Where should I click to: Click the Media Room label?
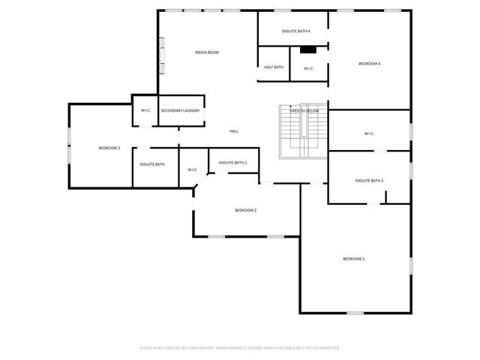[207, 52]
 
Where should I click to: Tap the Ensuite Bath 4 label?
[296, 31]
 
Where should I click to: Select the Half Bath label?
[274, 67]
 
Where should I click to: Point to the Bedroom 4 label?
[369, 64]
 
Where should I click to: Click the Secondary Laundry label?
[180, 111]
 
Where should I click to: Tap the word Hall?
[234, 132]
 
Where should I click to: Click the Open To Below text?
[304, 111]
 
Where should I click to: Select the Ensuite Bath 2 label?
[232, 163]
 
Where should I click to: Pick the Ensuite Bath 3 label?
[369, 181]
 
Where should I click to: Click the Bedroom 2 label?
[246, 211]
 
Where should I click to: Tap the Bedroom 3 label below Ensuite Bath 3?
[354, 259]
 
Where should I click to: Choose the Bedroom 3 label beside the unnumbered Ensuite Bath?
[109, 148]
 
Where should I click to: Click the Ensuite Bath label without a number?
[152, 164]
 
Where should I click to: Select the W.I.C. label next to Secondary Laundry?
[145, 111]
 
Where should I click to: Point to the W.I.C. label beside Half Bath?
[309, 69]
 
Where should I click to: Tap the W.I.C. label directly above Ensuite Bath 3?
[369, 134]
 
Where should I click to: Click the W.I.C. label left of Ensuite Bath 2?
[193, 169]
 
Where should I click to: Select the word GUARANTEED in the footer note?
[323, 348]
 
